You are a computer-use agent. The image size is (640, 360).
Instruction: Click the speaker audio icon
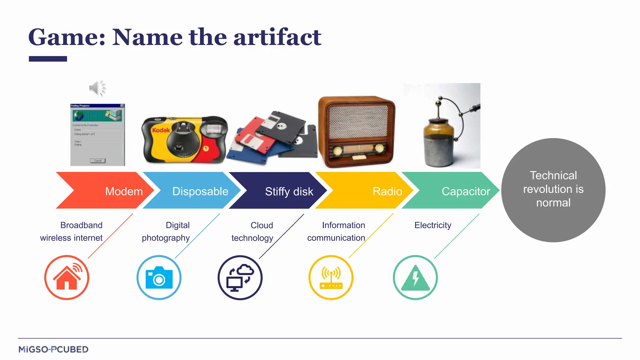click(x=97, y=88)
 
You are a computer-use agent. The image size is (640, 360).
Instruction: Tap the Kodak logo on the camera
click(x=161, y=130)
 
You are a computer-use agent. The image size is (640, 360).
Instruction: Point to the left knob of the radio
click(x=337, y=151)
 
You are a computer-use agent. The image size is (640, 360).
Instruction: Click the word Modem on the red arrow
click(x=124, y=191)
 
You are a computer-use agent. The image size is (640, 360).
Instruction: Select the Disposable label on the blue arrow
click(x=200, y=191)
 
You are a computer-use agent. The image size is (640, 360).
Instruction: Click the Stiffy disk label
click(x=289, y=192)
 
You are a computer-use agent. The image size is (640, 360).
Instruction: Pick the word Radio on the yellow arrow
click(x=387, y=191)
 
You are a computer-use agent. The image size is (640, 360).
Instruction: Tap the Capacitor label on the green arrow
click(x=466, y=191)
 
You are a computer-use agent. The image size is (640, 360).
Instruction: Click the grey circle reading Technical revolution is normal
click(x=553, y=190)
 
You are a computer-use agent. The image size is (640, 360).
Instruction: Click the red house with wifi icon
click(x=67, y=277)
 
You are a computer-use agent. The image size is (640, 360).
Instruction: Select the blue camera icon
click(x=159, y=277)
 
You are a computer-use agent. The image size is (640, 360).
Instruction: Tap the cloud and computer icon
click(x=240, y=277)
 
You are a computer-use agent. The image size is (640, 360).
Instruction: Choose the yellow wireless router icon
click(x=331, y=277)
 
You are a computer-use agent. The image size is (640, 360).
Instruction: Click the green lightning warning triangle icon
click(x=415, y=277)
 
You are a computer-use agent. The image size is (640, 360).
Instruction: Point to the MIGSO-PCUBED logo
click(x=53, y=349)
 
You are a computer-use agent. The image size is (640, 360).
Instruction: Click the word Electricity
click(x=432, y=225)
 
